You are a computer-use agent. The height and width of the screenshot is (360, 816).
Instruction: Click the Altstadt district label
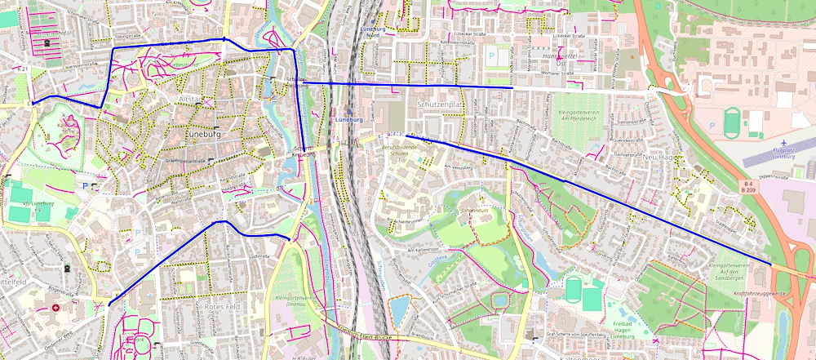[x=189, y=98]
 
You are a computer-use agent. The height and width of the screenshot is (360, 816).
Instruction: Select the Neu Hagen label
[x=661, y=155]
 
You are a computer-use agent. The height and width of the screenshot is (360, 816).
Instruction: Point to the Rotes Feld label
[x=226, y=306]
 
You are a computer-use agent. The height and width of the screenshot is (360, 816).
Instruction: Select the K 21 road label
[x=22, y=69]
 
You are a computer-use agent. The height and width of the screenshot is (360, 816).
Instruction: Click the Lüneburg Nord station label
[x=372, y=32]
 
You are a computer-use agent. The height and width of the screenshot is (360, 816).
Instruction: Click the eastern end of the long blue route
[x=771, y=264]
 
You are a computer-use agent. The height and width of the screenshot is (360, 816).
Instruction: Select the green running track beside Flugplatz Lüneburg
[x=732, y=122]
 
